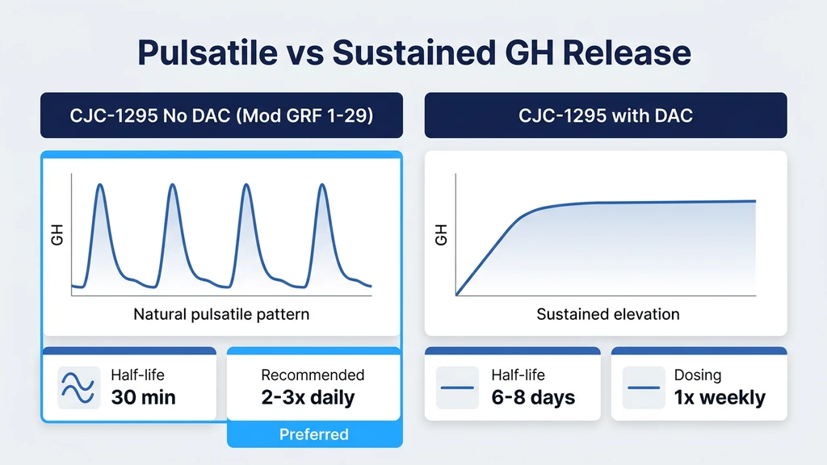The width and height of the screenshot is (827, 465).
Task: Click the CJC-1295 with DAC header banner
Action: [605, 115]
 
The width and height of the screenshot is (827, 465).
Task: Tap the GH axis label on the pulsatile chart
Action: [57, 236]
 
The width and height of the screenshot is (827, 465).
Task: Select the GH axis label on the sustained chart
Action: [441, 236]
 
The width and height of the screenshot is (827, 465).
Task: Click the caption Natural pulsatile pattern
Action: [221, 314]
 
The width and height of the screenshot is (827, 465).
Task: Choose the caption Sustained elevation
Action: [607, 314]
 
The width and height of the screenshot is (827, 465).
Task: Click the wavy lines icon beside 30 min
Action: [78, 387]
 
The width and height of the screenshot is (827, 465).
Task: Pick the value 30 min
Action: [143, 397]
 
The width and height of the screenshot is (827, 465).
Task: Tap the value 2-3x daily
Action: [308, 397]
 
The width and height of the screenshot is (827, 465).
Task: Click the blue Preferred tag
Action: [313, 434]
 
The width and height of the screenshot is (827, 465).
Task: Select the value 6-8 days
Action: [533, 397]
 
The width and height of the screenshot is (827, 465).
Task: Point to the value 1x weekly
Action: [720, 397]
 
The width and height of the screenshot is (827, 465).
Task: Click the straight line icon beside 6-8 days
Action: [457, 387]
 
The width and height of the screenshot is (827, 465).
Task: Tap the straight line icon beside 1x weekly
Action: [644, 387]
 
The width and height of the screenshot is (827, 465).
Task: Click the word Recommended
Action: [313, 375]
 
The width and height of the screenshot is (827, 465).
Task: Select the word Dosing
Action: [698, 375]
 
